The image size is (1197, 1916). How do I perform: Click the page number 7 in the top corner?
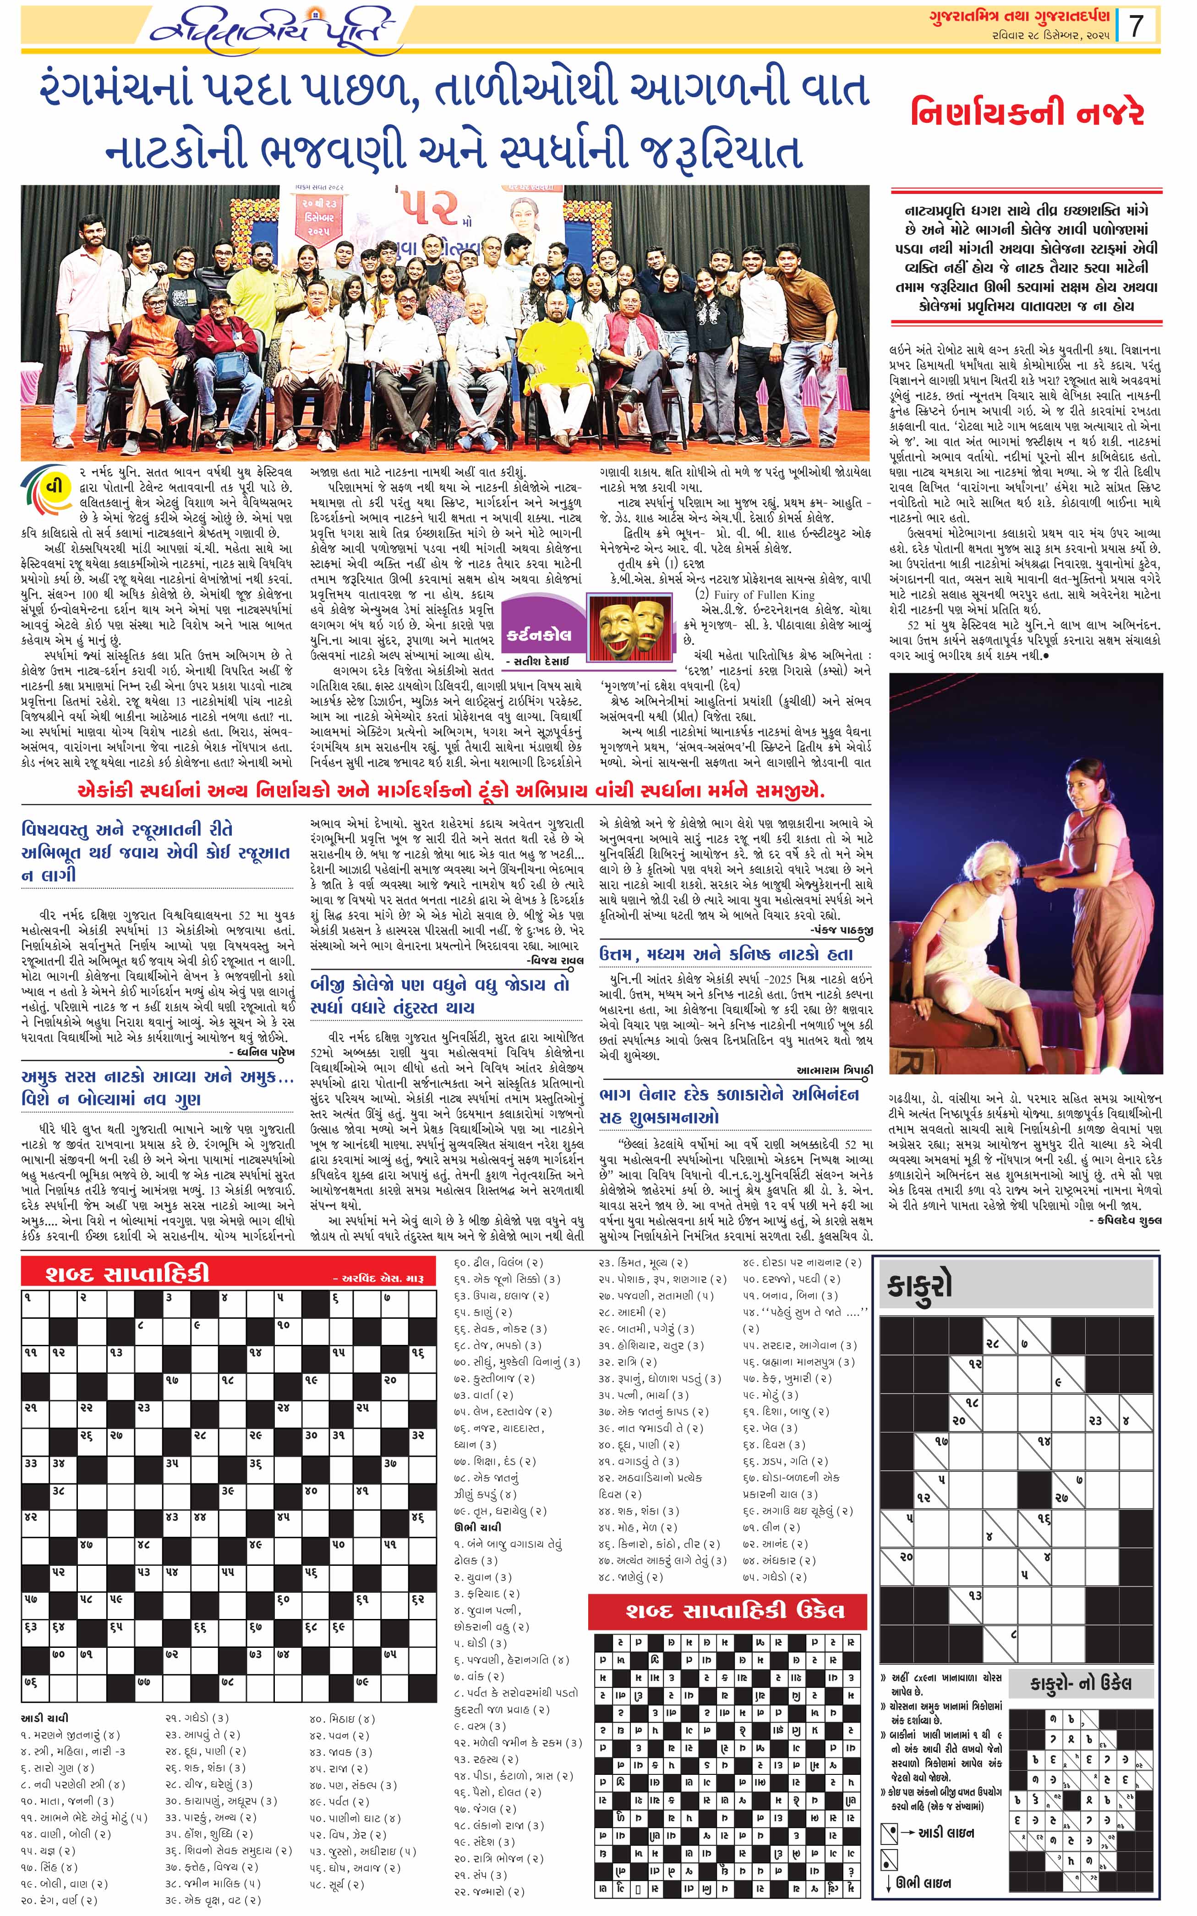click(1137, 26)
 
